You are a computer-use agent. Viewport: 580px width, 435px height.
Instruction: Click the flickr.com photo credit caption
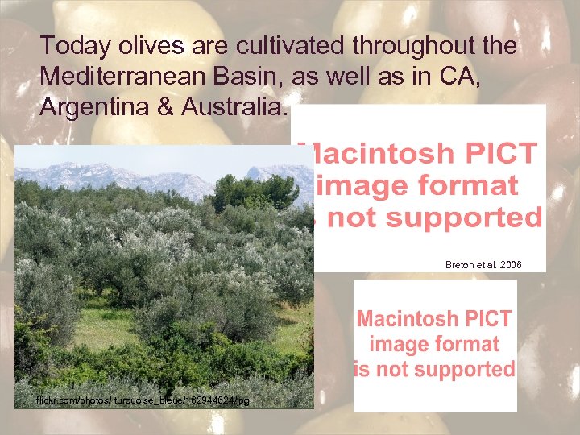(143, 400)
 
